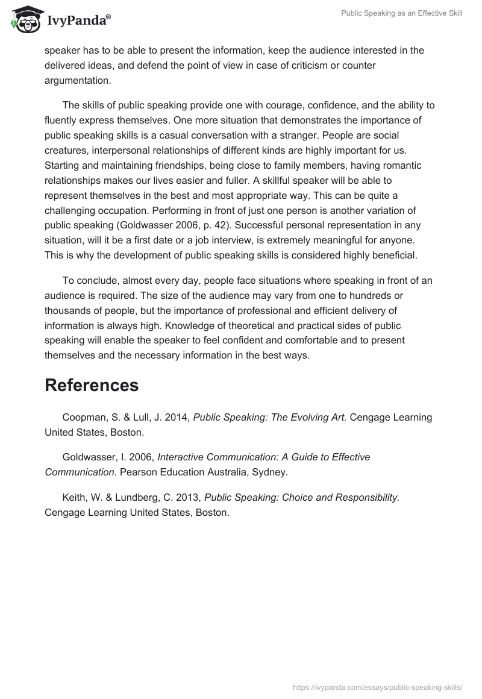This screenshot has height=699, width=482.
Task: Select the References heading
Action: click(x=92, y=386)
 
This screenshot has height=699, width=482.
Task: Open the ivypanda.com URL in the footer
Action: click(x=377, y=687)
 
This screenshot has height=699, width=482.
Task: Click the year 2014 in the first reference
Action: click(x=177, y=417)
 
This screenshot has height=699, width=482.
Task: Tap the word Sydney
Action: click(x=270, y=472)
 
